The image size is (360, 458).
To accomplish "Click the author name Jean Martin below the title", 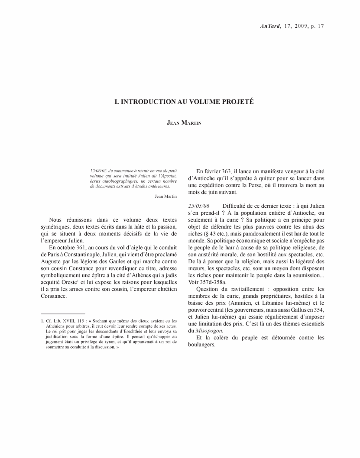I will pos(180,123).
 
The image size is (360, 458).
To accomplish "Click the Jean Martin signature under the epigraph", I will pos(165,196).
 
